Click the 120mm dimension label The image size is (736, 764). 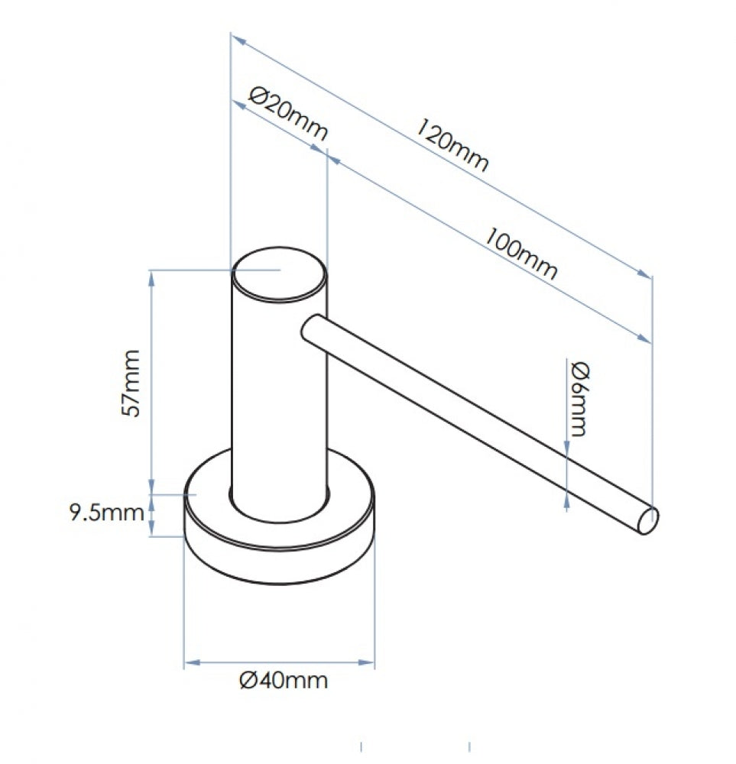[452, 144]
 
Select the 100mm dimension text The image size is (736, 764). [520, 254]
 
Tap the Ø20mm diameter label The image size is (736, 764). [288, 114]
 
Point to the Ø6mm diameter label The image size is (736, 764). [579, 399]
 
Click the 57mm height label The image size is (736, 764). [131, 383]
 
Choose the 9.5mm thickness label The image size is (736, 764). [107, 513]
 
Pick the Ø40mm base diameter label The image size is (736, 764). [284, 680]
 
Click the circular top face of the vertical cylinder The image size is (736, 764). [279, 274]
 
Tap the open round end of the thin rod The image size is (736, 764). [648, 520]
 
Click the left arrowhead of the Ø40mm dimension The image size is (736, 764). [193, 662]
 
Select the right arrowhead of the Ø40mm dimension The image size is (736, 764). [366, 662]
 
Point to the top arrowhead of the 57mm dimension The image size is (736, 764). [151, 278]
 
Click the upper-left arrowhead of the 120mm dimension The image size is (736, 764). [238, 39]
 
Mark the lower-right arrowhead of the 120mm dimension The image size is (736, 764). [644, 274]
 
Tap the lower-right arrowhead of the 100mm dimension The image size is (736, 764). [644, 338]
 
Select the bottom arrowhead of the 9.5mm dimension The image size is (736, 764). [151, 528]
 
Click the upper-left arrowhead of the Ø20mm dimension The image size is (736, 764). [238, 105]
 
